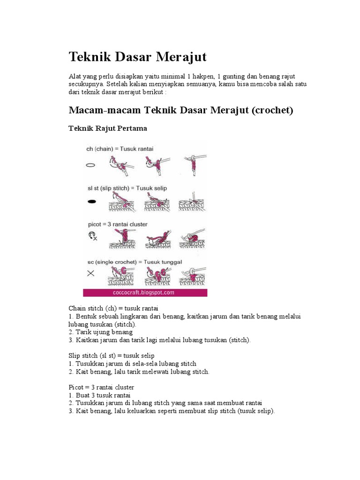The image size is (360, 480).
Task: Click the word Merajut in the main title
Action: coord(177,58)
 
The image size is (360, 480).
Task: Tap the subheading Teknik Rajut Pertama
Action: coord(108,128)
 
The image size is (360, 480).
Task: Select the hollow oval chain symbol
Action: coord(91,165)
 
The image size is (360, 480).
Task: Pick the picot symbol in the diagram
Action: coord(92,236)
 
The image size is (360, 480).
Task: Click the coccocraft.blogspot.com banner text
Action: coord(145,292)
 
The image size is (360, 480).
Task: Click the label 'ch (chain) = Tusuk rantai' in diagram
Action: coord(120,149)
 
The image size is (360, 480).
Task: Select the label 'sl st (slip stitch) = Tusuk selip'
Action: coord(126,188)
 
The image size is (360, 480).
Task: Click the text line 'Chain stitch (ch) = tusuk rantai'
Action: coord(113,308)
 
